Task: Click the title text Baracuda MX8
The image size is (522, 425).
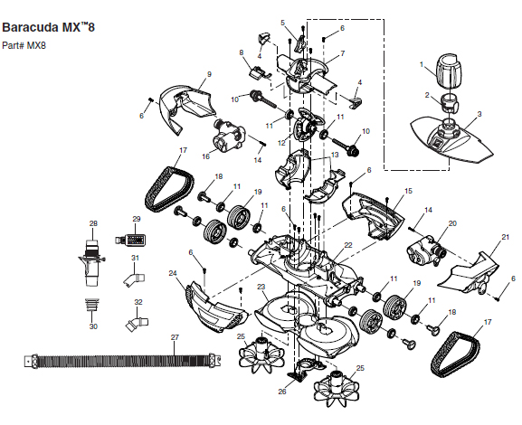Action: (x=48, y=27)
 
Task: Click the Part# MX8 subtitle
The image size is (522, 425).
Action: (x=24, y=45)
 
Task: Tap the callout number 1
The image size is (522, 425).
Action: (x=422, y=64)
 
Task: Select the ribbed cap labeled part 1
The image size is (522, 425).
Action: (x=448, y=71)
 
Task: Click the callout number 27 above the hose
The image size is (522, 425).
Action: (x=176, y=337)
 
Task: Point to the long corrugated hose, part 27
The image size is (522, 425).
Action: (x=123, y=361)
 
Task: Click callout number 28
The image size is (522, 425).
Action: (x=93, y=223)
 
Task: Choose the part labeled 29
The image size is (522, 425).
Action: (x=130, y=240)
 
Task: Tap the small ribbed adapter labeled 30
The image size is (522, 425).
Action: (x=92, y=304)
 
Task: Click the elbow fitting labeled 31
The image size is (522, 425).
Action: (x=134, y=279)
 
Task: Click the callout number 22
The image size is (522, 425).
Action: (x=348, y=245)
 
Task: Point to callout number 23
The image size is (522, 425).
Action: (x=261, y=287)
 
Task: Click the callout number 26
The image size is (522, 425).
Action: (x=282, y=392)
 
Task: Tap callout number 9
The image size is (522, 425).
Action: (x=209, y=74)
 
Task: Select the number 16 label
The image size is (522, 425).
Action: (x=206, y=156)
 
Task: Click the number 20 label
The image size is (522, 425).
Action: (x=452, y=223)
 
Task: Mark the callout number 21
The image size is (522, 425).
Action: (x=506, y=237)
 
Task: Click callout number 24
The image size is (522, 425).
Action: (x=173, y=273)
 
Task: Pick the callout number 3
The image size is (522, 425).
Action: (x=479, y=114)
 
